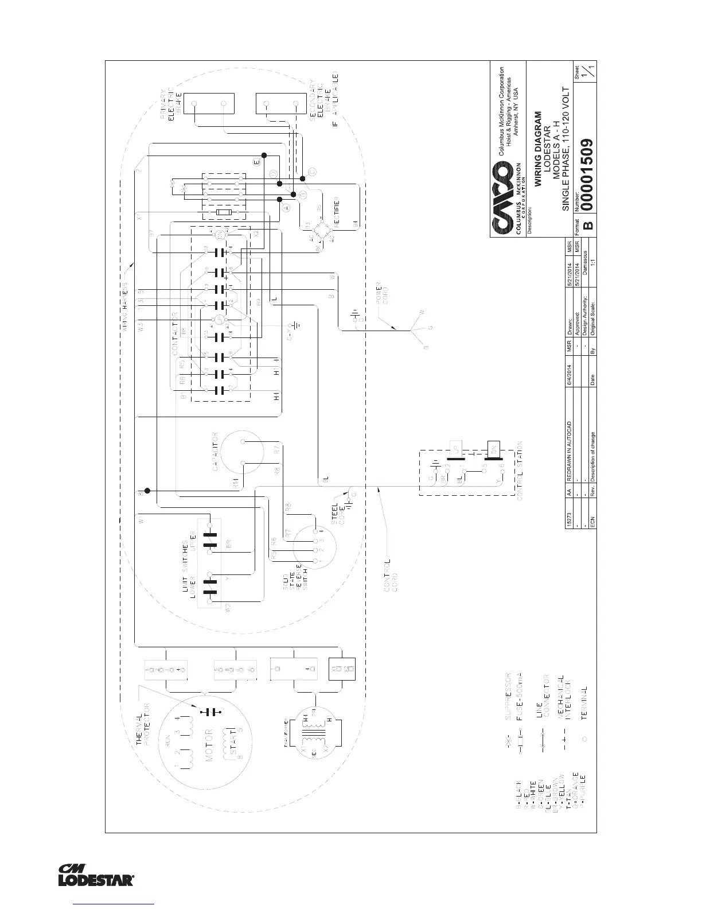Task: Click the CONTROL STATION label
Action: click(520, 471)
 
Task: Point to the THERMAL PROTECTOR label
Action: click(141, 724)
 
